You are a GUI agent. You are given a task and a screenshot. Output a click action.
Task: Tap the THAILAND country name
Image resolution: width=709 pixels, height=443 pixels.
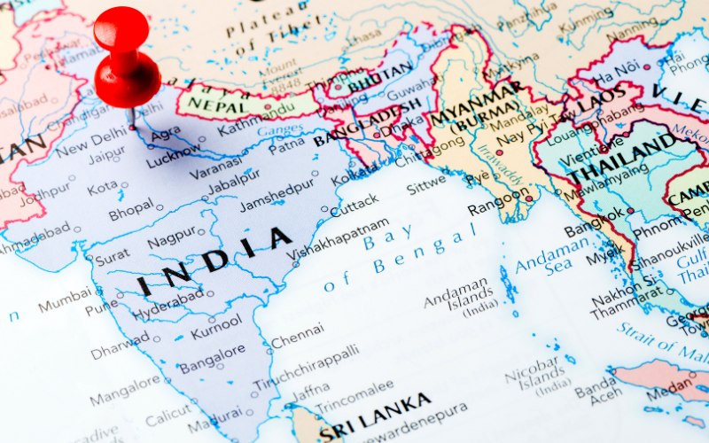pyautogui.click(x=621, y=159)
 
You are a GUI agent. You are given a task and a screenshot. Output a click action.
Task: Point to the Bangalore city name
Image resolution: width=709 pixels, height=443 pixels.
pyautogui.click(x=212, y=359)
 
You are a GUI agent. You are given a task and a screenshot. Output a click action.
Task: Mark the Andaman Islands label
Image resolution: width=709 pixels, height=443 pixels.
pyautogui.click(x=456, y=292)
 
